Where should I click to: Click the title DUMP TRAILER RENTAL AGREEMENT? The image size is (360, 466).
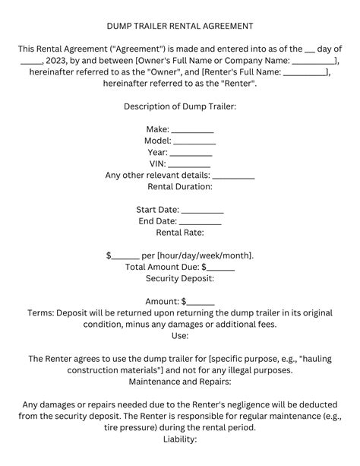pos(180,26)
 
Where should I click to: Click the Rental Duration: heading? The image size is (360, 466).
pos(180,186)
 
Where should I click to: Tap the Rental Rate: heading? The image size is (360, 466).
pos(180,233)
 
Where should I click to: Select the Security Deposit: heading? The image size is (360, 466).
pos(180,279)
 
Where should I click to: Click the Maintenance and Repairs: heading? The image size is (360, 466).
pos(180,380)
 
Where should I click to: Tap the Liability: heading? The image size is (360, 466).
pos(180,439)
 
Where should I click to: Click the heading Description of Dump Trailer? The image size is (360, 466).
pos(180,106)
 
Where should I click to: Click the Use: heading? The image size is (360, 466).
pos(180,335)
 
